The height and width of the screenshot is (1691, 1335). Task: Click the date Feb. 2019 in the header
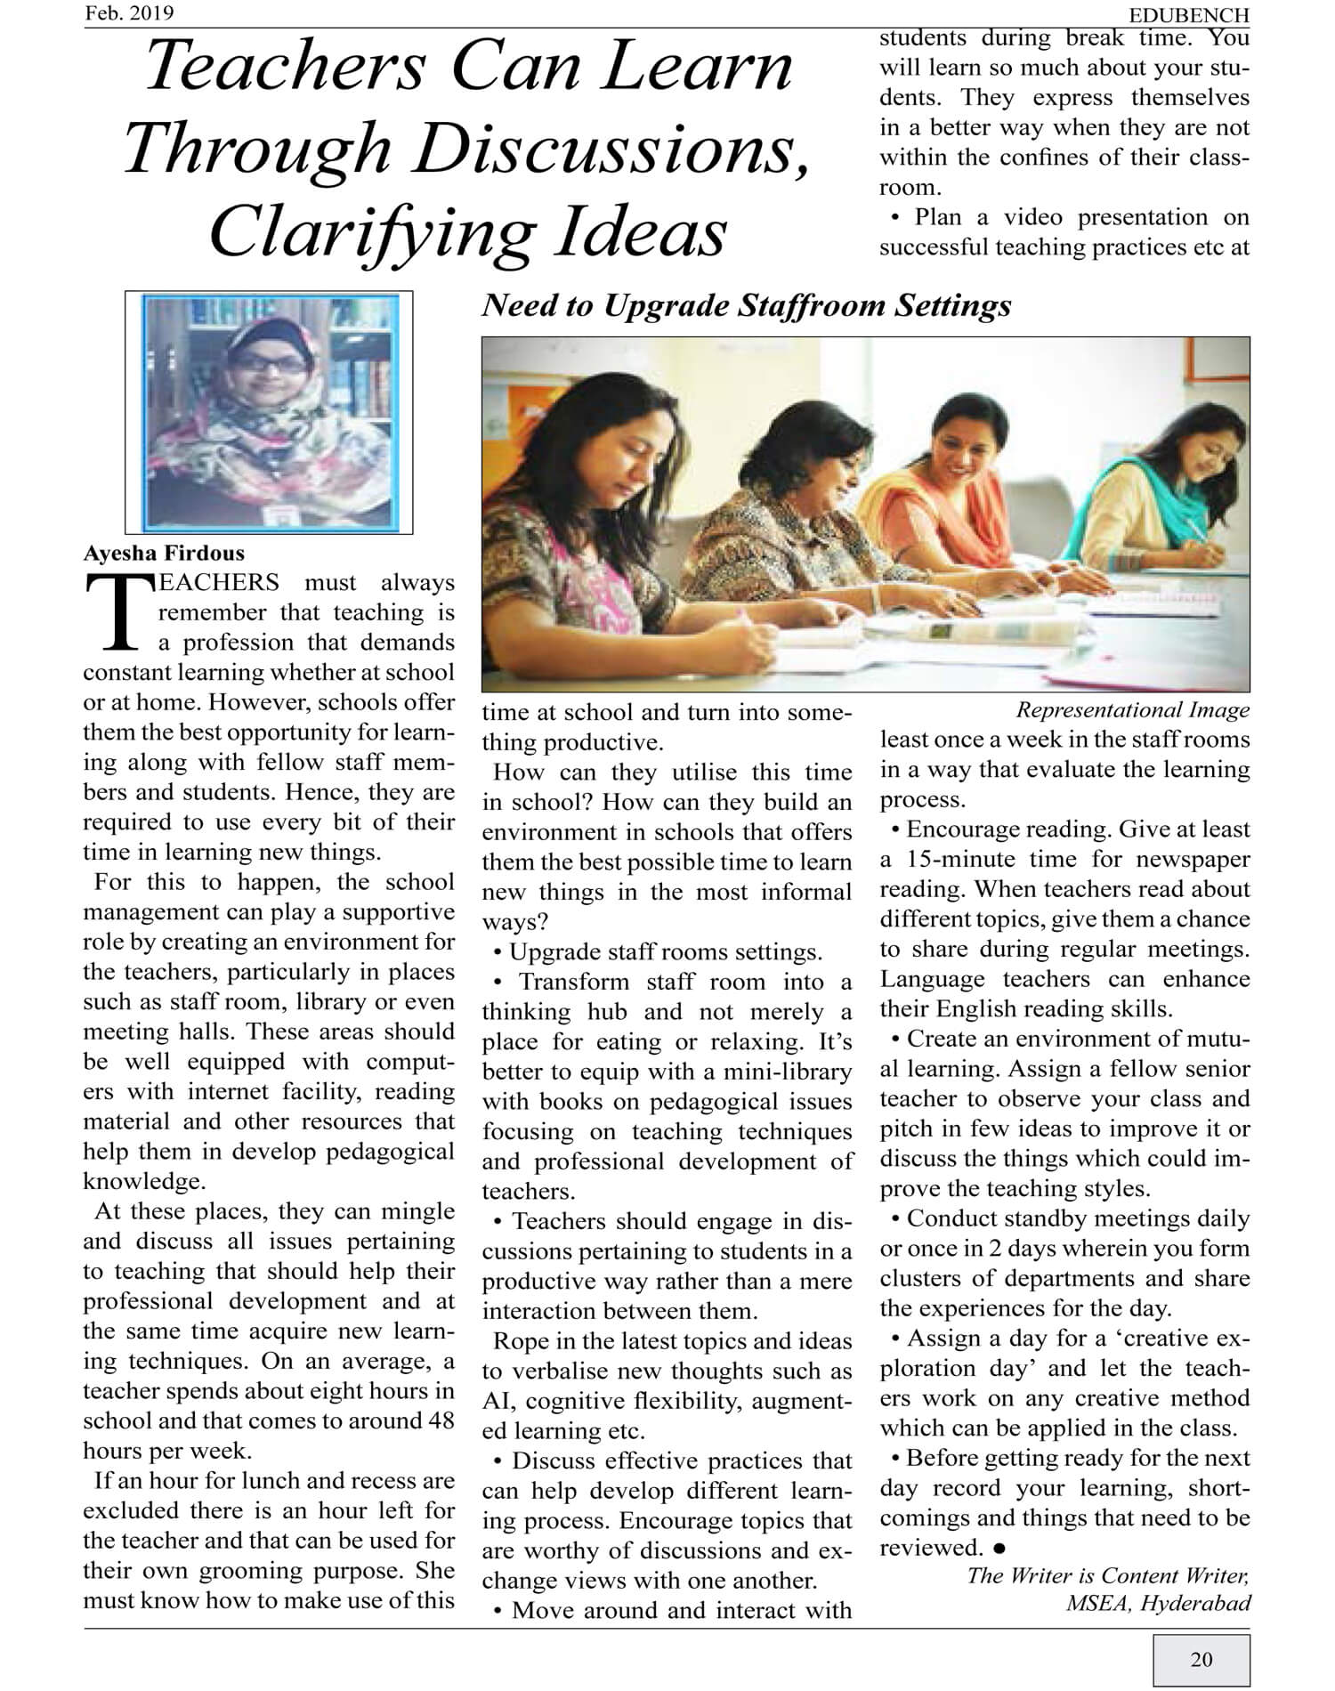129,13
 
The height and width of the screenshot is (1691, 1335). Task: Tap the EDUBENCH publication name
1188,15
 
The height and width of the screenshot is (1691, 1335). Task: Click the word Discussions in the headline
604,150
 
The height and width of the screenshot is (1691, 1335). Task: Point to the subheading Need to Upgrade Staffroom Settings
746,306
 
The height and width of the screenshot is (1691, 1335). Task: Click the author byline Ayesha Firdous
164,553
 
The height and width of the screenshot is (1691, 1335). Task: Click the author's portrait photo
269,412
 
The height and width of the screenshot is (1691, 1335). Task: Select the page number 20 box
1201,1659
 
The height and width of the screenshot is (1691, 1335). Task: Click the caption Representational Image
1132,710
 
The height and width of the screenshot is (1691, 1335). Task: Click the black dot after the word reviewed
1000,1549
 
